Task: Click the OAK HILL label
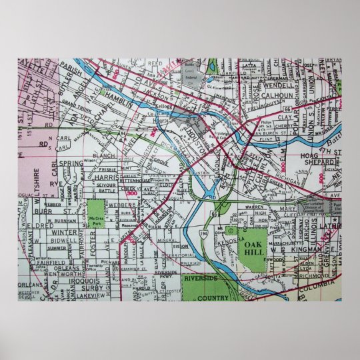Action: click(254, 247)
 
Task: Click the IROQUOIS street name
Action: click(63, 281)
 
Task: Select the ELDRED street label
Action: click(41, 226)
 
